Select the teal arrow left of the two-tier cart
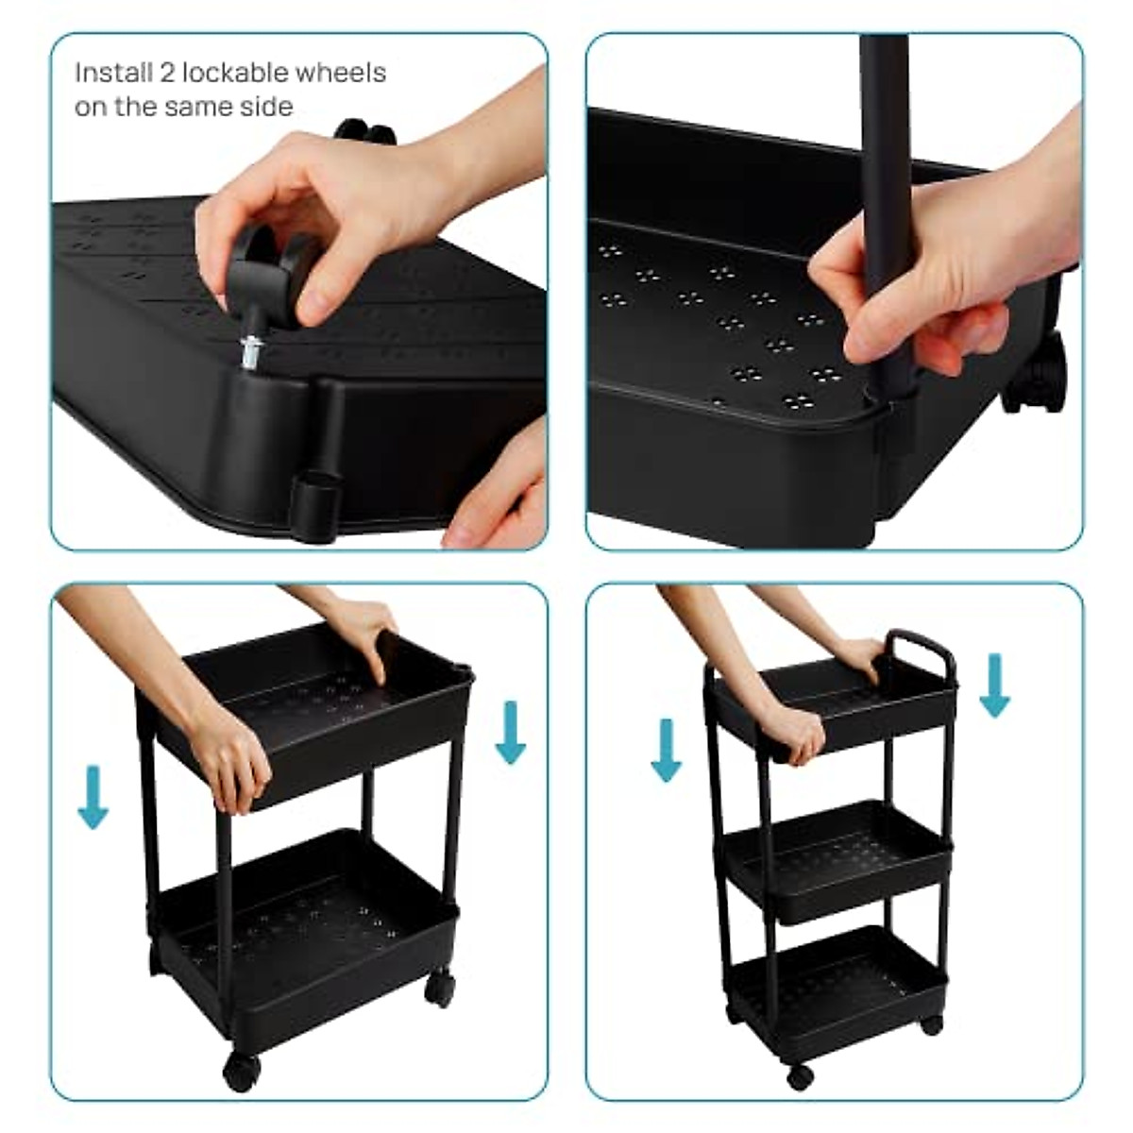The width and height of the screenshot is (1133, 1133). pos(93,797)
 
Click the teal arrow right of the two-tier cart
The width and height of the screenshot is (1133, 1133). pos(510,732)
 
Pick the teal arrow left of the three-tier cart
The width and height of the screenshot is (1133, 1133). pos(667,751)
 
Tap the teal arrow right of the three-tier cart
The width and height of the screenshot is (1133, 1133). pos(994,687)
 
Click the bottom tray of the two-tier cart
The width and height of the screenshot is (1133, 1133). pos(302,935)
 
